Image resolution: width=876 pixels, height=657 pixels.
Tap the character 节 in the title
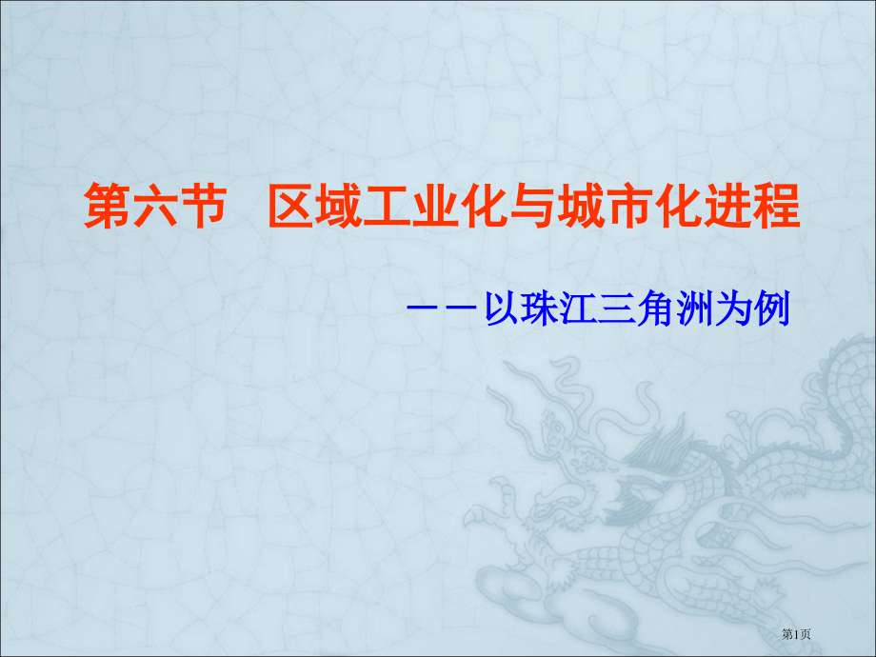coord(204,208)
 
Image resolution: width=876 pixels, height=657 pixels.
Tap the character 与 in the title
coord(533,208)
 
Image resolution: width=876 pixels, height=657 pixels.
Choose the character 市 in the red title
coord(630,208)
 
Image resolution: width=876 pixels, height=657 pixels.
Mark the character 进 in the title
coord(727,208)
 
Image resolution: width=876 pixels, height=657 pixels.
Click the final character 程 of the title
coord(775,208)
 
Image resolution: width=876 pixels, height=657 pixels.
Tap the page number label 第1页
coord(797,634)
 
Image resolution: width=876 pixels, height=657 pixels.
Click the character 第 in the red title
coord(108,208)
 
